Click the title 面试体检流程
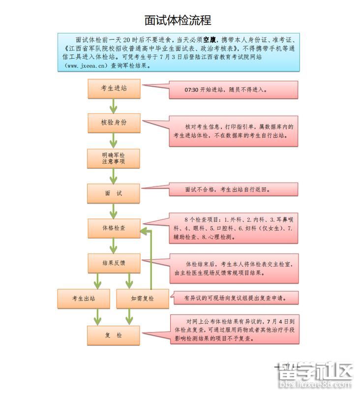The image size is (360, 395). [x=178, y=20]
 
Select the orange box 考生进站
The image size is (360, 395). [x=114, y=89]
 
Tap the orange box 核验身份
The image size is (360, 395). [x=114, y=123]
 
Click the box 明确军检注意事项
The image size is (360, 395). [x=114, y=158]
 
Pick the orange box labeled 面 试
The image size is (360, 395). [x=114, y=193]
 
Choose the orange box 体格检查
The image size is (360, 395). [x=114, y=228]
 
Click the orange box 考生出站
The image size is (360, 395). [x=83, y=299]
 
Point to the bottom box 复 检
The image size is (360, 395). [x=114, y=335]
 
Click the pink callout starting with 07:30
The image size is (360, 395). [x=234, y=90]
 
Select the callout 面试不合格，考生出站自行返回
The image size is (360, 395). [x=234, y=190]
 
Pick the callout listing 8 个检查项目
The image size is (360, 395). [x=234, y=228]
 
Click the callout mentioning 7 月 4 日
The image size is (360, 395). [x=234, y=329]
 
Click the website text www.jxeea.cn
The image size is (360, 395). [x=86, y=65]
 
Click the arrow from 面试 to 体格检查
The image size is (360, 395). [x=114, y=211]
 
